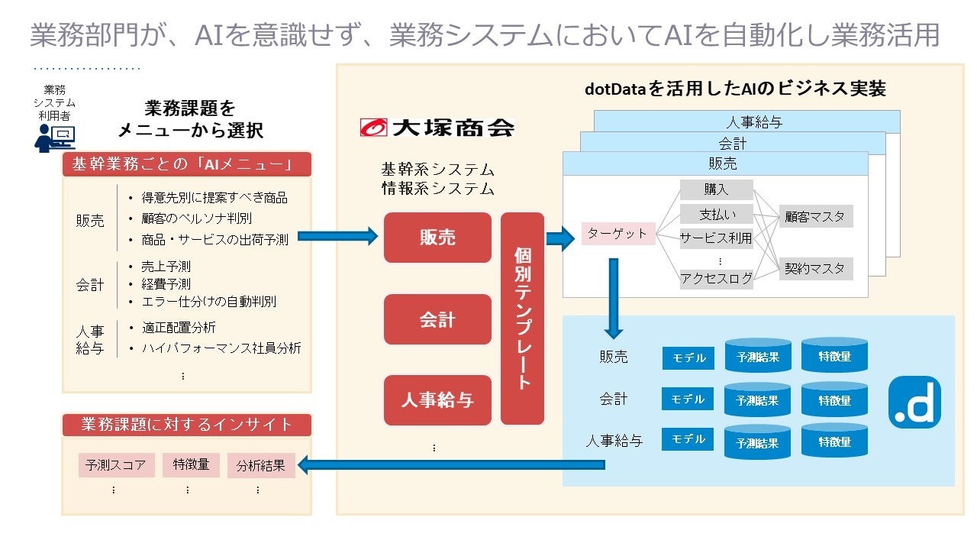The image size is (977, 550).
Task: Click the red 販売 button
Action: [x=437, y=238]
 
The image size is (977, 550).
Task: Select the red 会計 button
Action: [x=437, y=319]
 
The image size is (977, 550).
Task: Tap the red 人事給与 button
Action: [x=437, y=400]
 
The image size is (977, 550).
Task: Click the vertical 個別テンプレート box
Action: [x=522, y=319]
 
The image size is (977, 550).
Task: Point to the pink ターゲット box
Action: [x=618, y=234]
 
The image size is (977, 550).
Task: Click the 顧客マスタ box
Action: [x=815, y=216]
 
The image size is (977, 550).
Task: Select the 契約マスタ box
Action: [x=815, y=269]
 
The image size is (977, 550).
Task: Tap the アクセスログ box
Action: [x=716, y=279]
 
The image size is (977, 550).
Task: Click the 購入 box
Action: [x=716, y=189]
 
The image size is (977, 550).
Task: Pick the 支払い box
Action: [x=716, y=214]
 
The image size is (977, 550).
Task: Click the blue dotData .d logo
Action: [x=914, y=403]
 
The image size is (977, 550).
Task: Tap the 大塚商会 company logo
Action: [x=437, y=127]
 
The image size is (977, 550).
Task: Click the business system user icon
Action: [x=54, y=137]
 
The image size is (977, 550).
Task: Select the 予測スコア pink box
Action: [x=116, y=465]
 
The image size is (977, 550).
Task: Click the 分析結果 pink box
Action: [x=260, y=465]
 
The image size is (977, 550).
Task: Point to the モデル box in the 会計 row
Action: [x=688, y=399]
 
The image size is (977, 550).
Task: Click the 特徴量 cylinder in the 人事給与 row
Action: [x=834, y=442]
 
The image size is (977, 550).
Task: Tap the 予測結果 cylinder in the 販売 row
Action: [x=757, y=356]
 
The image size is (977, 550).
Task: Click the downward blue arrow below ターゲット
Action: [x=613, y=298]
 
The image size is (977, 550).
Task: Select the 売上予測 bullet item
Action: [x=166, y=267]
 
